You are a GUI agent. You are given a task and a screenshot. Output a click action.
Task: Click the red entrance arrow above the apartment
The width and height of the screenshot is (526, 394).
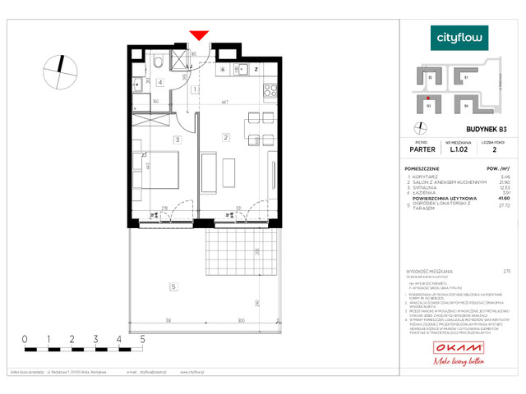[x=198, y=35]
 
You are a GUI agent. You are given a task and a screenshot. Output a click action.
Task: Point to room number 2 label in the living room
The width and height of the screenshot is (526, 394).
[x=225, y=137]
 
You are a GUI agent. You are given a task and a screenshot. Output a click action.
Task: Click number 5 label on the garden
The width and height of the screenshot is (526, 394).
[x=173, y=286]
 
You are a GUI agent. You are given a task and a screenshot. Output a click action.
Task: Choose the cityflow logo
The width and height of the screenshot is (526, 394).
[x=459, y=37]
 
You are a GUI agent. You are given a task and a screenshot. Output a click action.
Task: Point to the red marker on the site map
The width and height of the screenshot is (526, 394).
[x=428, y=96]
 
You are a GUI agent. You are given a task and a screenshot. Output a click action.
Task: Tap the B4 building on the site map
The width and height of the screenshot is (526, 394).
[x=465, y=105]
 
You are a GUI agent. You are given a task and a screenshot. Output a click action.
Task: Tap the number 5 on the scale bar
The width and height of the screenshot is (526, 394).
[x=143, y=337]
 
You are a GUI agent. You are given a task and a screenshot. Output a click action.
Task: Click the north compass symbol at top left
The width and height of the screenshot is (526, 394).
[x=60, y=70]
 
